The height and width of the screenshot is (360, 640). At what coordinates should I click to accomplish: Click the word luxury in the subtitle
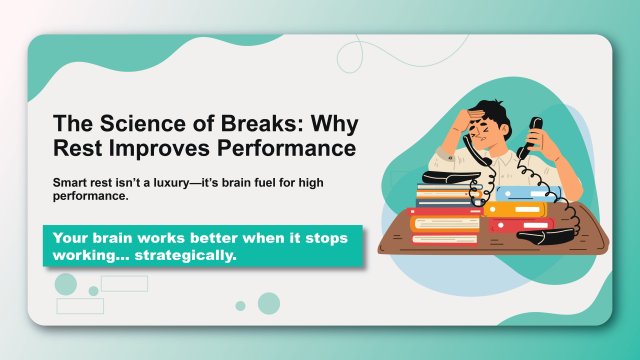point(165,184)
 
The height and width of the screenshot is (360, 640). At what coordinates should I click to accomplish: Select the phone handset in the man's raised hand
point(536,131)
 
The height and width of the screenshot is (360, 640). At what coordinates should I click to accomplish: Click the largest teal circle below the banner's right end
point(268,303)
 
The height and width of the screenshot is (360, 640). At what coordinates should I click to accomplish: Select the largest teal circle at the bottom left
point(66,284)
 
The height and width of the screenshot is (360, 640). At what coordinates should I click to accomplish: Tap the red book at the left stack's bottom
point(445,238)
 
